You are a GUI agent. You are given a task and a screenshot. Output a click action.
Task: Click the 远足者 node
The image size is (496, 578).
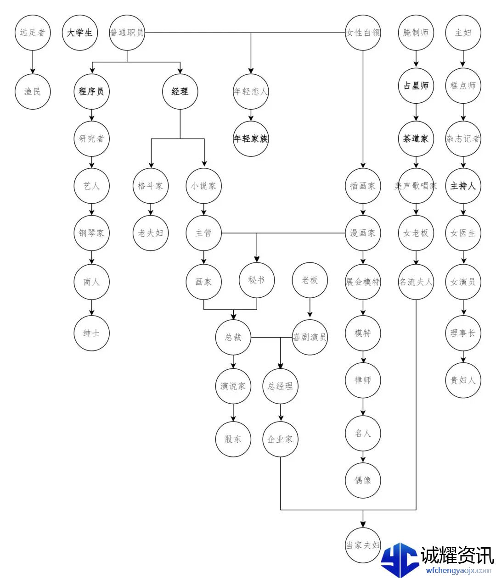(x=33, y=33)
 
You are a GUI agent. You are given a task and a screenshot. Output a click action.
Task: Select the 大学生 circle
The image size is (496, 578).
(x=80, y=33)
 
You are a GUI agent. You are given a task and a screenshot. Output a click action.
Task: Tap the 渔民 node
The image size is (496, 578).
(x=33, y=91)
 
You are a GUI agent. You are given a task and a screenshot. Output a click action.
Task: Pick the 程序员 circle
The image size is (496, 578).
(x=91, y=91)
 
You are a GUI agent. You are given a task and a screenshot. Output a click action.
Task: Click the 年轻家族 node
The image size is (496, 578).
(x=251, y=139)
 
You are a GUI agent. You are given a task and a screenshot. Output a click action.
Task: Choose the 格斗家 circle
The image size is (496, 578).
(x=151, y=186)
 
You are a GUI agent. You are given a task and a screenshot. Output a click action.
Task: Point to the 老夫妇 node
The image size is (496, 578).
(x=151, y=233)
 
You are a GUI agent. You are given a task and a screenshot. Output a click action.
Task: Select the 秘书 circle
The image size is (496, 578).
(x=257, y=280)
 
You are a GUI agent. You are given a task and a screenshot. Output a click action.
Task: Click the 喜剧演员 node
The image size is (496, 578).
(x=310, y=337)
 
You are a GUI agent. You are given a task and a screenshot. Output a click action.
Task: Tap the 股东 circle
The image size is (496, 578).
(x=233, y=439)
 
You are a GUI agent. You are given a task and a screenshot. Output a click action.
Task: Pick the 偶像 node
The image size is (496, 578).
(x=363, y=480)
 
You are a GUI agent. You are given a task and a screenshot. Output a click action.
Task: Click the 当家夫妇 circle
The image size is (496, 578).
(x=363, y=545)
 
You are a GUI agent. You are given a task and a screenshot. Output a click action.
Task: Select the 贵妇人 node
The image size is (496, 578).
(x=463, y=380)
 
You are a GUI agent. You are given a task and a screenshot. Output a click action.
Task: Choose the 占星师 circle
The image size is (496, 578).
(x=416, y=86)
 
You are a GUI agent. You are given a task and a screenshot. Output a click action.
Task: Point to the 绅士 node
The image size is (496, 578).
(x=91, y=333)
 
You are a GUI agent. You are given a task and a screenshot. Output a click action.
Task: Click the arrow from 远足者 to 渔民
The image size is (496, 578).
(x=33, y=62)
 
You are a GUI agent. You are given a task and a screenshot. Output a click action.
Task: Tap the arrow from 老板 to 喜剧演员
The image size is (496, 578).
(x=310, y=308)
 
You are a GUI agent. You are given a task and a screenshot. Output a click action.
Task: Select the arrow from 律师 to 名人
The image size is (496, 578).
(x=363, y=406)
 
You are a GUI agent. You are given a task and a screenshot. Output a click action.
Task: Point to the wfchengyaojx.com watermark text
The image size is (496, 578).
(x=458, y=571)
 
